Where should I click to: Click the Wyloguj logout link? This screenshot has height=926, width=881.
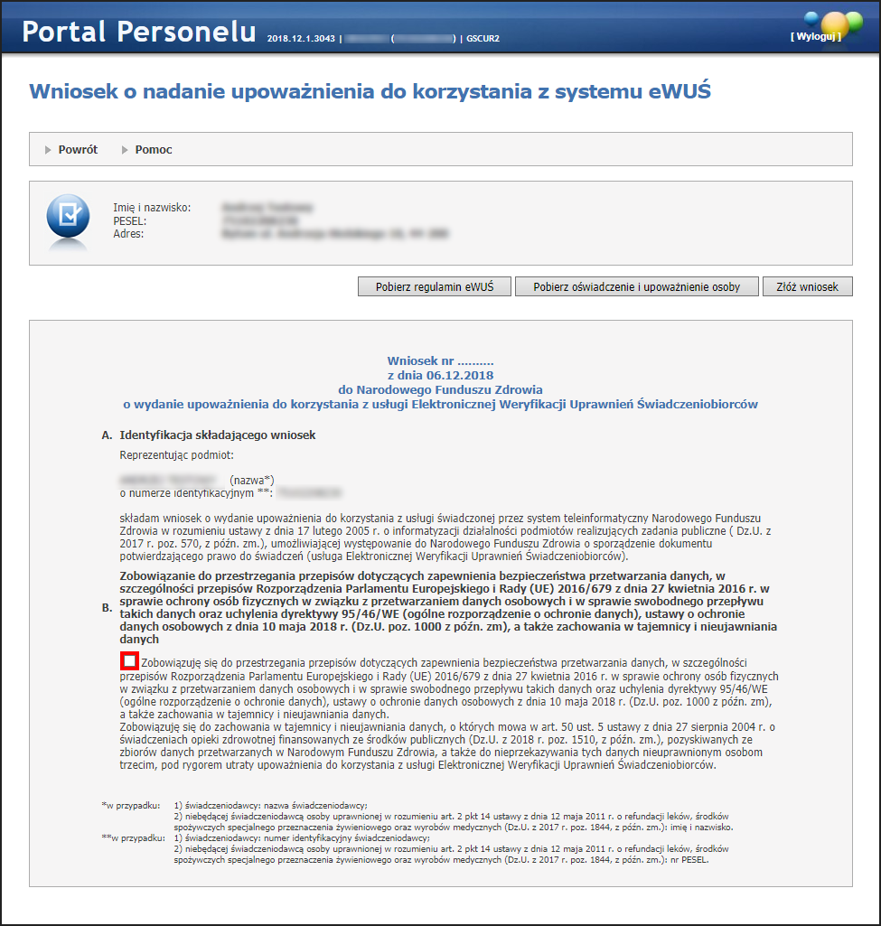coord(815,36)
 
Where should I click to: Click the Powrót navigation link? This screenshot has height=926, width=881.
coord(78,149)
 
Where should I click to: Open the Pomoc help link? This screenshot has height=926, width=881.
coord(154,149)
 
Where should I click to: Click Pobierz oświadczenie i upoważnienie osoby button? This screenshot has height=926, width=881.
coord(637,286)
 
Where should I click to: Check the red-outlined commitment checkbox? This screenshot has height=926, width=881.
coord(128,662)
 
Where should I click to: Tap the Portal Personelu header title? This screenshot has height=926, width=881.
coord(139,32)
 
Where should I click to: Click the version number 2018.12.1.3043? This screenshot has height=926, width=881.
coord(301,39)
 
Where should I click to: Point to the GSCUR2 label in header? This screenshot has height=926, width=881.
coord(483,39)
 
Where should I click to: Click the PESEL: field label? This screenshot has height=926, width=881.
coord(130,221)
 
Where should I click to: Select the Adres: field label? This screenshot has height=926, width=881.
coord(129,234)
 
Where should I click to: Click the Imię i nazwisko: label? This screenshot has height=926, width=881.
coord(152,208)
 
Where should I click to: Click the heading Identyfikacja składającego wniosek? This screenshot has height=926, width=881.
coord(218,435)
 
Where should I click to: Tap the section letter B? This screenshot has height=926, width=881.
coord(107,607)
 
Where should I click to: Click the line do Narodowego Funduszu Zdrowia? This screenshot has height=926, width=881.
coord(440,389)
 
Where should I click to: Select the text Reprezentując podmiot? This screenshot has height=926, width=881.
coord(177,455)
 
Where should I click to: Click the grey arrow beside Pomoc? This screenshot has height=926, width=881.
coord(125,149)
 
